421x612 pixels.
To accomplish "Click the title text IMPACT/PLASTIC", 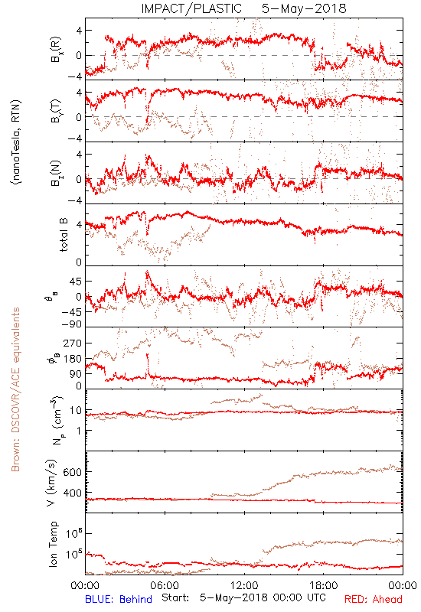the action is coord(191,8).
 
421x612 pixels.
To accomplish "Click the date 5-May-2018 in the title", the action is coord(304,8).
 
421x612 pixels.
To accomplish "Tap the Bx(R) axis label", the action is coord(55,49).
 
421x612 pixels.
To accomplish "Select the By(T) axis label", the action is coord(55,111).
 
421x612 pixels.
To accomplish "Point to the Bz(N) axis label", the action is coord(55,173).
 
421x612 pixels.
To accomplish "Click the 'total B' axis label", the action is coord(64,234).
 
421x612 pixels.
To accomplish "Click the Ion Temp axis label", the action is coord(53,544).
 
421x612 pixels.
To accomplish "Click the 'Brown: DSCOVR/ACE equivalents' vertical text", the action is coord(15,389).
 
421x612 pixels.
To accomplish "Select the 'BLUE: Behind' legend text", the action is coord(119,600).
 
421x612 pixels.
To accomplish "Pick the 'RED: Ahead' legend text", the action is coord(374,600).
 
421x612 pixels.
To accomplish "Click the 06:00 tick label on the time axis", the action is coord(165,585).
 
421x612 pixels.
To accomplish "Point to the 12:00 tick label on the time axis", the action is coord(244,585).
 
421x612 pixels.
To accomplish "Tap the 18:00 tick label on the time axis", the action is coord(324,585).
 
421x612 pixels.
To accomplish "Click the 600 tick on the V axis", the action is coord(73,472).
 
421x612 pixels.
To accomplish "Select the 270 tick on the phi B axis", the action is coord(73,343).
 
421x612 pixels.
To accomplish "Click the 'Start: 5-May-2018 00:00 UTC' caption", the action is coord(243,598).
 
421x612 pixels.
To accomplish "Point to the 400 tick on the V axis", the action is coord(73,493).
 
